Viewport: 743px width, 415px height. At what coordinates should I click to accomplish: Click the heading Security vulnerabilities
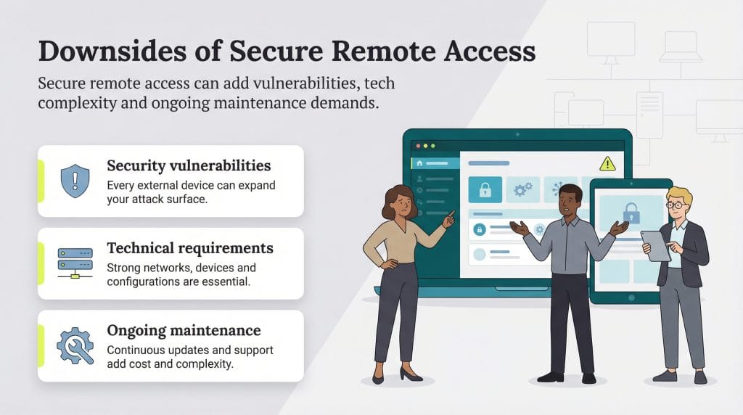[189, 165]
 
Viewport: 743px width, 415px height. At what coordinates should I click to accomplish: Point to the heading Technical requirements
[190, 248]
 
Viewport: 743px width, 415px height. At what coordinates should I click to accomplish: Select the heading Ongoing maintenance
[184, 331]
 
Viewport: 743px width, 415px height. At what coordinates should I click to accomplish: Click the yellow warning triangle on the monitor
[607, 163]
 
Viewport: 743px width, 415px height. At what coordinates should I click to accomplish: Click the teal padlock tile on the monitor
[484, 189]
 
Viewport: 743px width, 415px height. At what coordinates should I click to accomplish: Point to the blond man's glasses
[676, 205]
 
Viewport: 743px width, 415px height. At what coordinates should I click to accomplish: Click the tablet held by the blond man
[655, 245]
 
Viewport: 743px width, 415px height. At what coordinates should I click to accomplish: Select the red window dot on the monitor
[416, 147]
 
